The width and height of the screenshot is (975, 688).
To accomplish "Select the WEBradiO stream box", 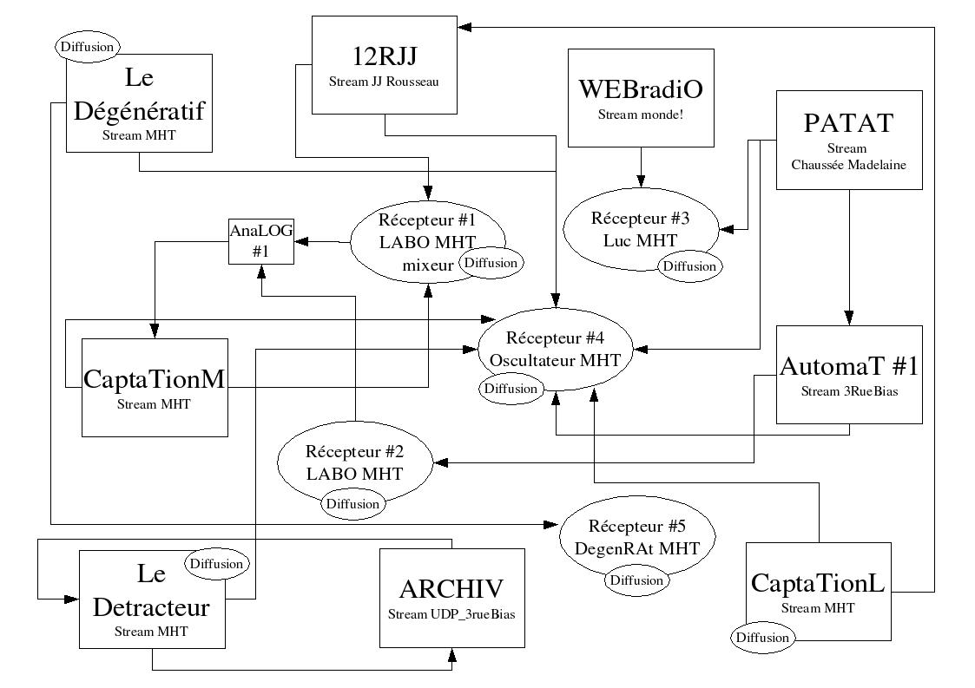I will [641, 97].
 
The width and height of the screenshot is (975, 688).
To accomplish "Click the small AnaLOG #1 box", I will [260, 240].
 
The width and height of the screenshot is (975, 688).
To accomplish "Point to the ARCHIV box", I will [451, 598].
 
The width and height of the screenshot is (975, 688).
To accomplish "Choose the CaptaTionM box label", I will [155, 379].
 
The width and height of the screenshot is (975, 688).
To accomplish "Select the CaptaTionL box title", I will [818, 582].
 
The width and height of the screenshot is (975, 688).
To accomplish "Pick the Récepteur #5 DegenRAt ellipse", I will [636, 536].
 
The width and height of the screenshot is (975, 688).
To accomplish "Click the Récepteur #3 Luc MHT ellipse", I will [641, 227].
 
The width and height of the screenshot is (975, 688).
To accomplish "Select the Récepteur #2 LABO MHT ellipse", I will [353, 464].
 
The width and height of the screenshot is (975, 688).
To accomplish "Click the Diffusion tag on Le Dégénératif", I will [88, 46].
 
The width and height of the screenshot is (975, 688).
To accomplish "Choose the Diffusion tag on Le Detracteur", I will [217, 564].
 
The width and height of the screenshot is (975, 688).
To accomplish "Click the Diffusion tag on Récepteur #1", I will [491, 262].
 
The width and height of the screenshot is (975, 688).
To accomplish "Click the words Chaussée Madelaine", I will [848, 163].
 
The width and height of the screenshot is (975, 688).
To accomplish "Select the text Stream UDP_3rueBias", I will [451, 615].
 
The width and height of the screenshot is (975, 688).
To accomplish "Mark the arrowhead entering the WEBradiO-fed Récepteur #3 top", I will [641, 182].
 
